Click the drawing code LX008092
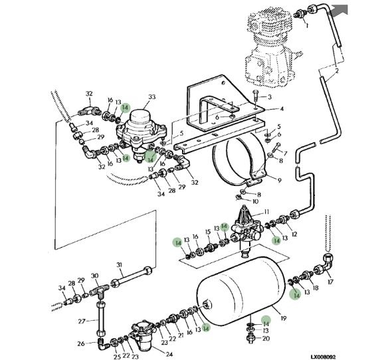[323, 357]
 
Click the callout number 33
[151, 97]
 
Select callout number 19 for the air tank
[283, 319]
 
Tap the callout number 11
[266, 212]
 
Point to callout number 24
[169, 354]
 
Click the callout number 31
[119, 264]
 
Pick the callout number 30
[95, 276]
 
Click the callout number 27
[82, 321]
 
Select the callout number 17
[330, 282]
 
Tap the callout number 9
[279, 180]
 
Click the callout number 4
[282, 109]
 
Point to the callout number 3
[270, 97]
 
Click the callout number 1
[307, 25]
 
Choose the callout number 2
[337, 71]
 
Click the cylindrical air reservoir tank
[241, 291]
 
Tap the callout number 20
[266, 338]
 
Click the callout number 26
[81, 344]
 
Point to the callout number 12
[294, 234]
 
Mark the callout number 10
[255, 201]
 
